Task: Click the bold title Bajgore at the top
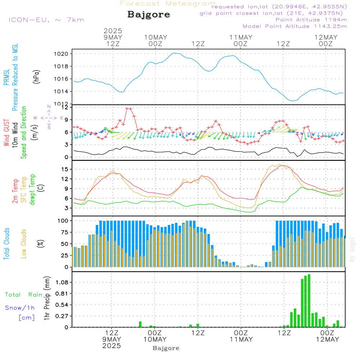[149, 15]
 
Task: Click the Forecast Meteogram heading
[168, 4]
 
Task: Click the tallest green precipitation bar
[309, 301]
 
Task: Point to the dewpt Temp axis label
[33, 190]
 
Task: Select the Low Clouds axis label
[24, 244]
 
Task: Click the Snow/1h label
[20, 308]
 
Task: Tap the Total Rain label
[24, 295]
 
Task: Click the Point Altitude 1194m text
[311, 20]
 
